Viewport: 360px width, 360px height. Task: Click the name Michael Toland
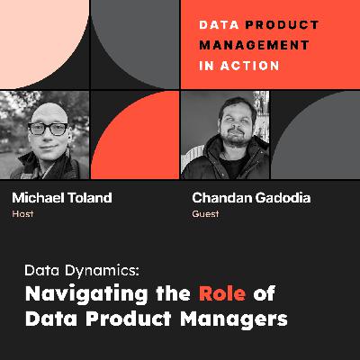(55, 199)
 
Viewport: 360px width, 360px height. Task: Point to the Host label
(22, 215)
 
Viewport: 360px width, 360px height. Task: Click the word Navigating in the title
(71, 292)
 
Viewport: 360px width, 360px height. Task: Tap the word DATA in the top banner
(217, 26)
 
